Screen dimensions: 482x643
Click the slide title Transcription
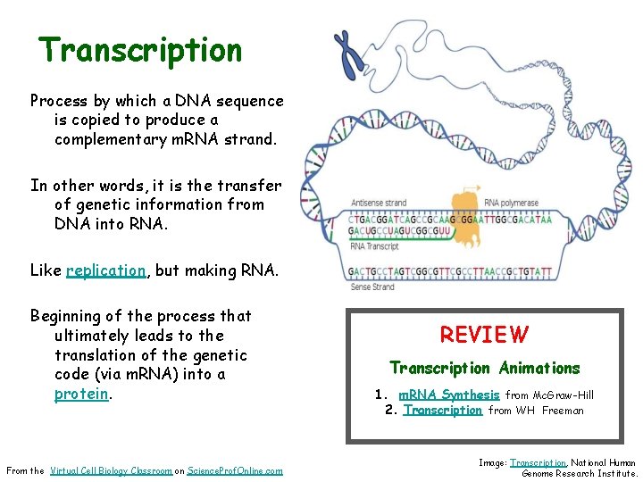pos(140,50)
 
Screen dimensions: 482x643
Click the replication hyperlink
pos(105,270)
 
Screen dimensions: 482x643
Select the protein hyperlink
pos(82,394)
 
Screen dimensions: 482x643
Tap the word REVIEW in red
pos(483,335)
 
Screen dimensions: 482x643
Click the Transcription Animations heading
pos(484,368)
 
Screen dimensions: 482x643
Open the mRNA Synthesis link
pos(448,395)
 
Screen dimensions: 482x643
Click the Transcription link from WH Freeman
pos(442,411)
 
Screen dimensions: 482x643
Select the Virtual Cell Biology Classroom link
pos(111,470)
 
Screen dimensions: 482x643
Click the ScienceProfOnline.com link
pos(235,470)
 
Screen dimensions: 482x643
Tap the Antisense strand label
pos(379,202)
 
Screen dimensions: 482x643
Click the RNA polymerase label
pos(511,202)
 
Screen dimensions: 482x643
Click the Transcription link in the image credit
pos(538,462)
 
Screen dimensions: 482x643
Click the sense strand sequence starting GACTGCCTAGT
pos(451,271)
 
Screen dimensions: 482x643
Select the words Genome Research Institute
pos(580,473)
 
